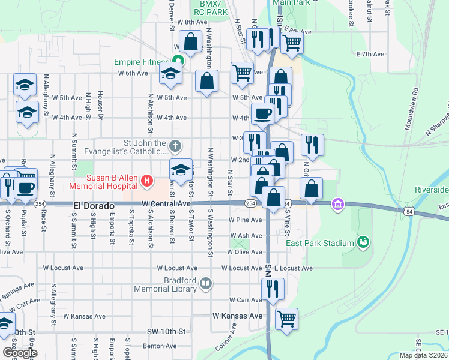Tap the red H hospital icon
coord(146,180)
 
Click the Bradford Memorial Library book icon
coord(206,283)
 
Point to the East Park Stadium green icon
coord(363,242)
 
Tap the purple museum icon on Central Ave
coord(338,205)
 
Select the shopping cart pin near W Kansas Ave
coord(286,317)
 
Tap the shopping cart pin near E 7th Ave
coord(292,42)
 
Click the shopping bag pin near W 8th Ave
coord(191,42)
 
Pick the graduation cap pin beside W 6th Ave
coord(170,74)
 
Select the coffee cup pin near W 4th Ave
coord(262,113)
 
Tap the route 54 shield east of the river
coord(409,211)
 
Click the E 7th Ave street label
coord(370,54)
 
